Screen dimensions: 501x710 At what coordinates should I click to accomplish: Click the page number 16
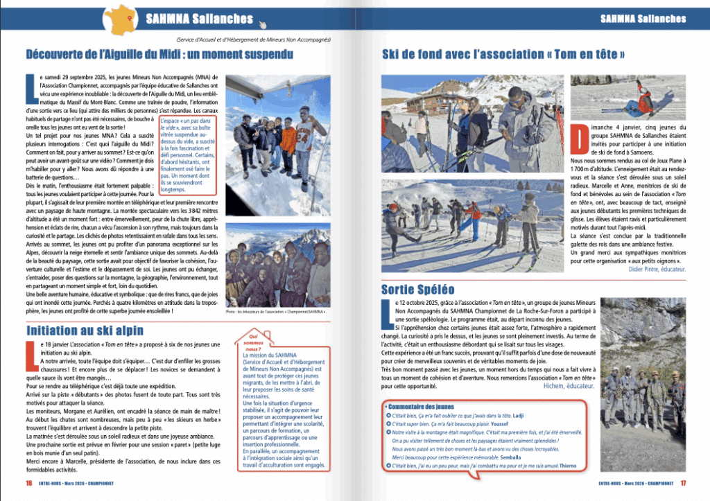tap(29, 484)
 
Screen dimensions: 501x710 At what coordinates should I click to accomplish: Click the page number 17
tap(682, 484)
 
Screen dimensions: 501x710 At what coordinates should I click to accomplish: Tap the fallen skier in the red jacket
tap(641, 105)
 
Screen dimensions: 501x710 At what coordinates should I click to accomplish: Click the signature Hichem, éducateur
tap(569, 386)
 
